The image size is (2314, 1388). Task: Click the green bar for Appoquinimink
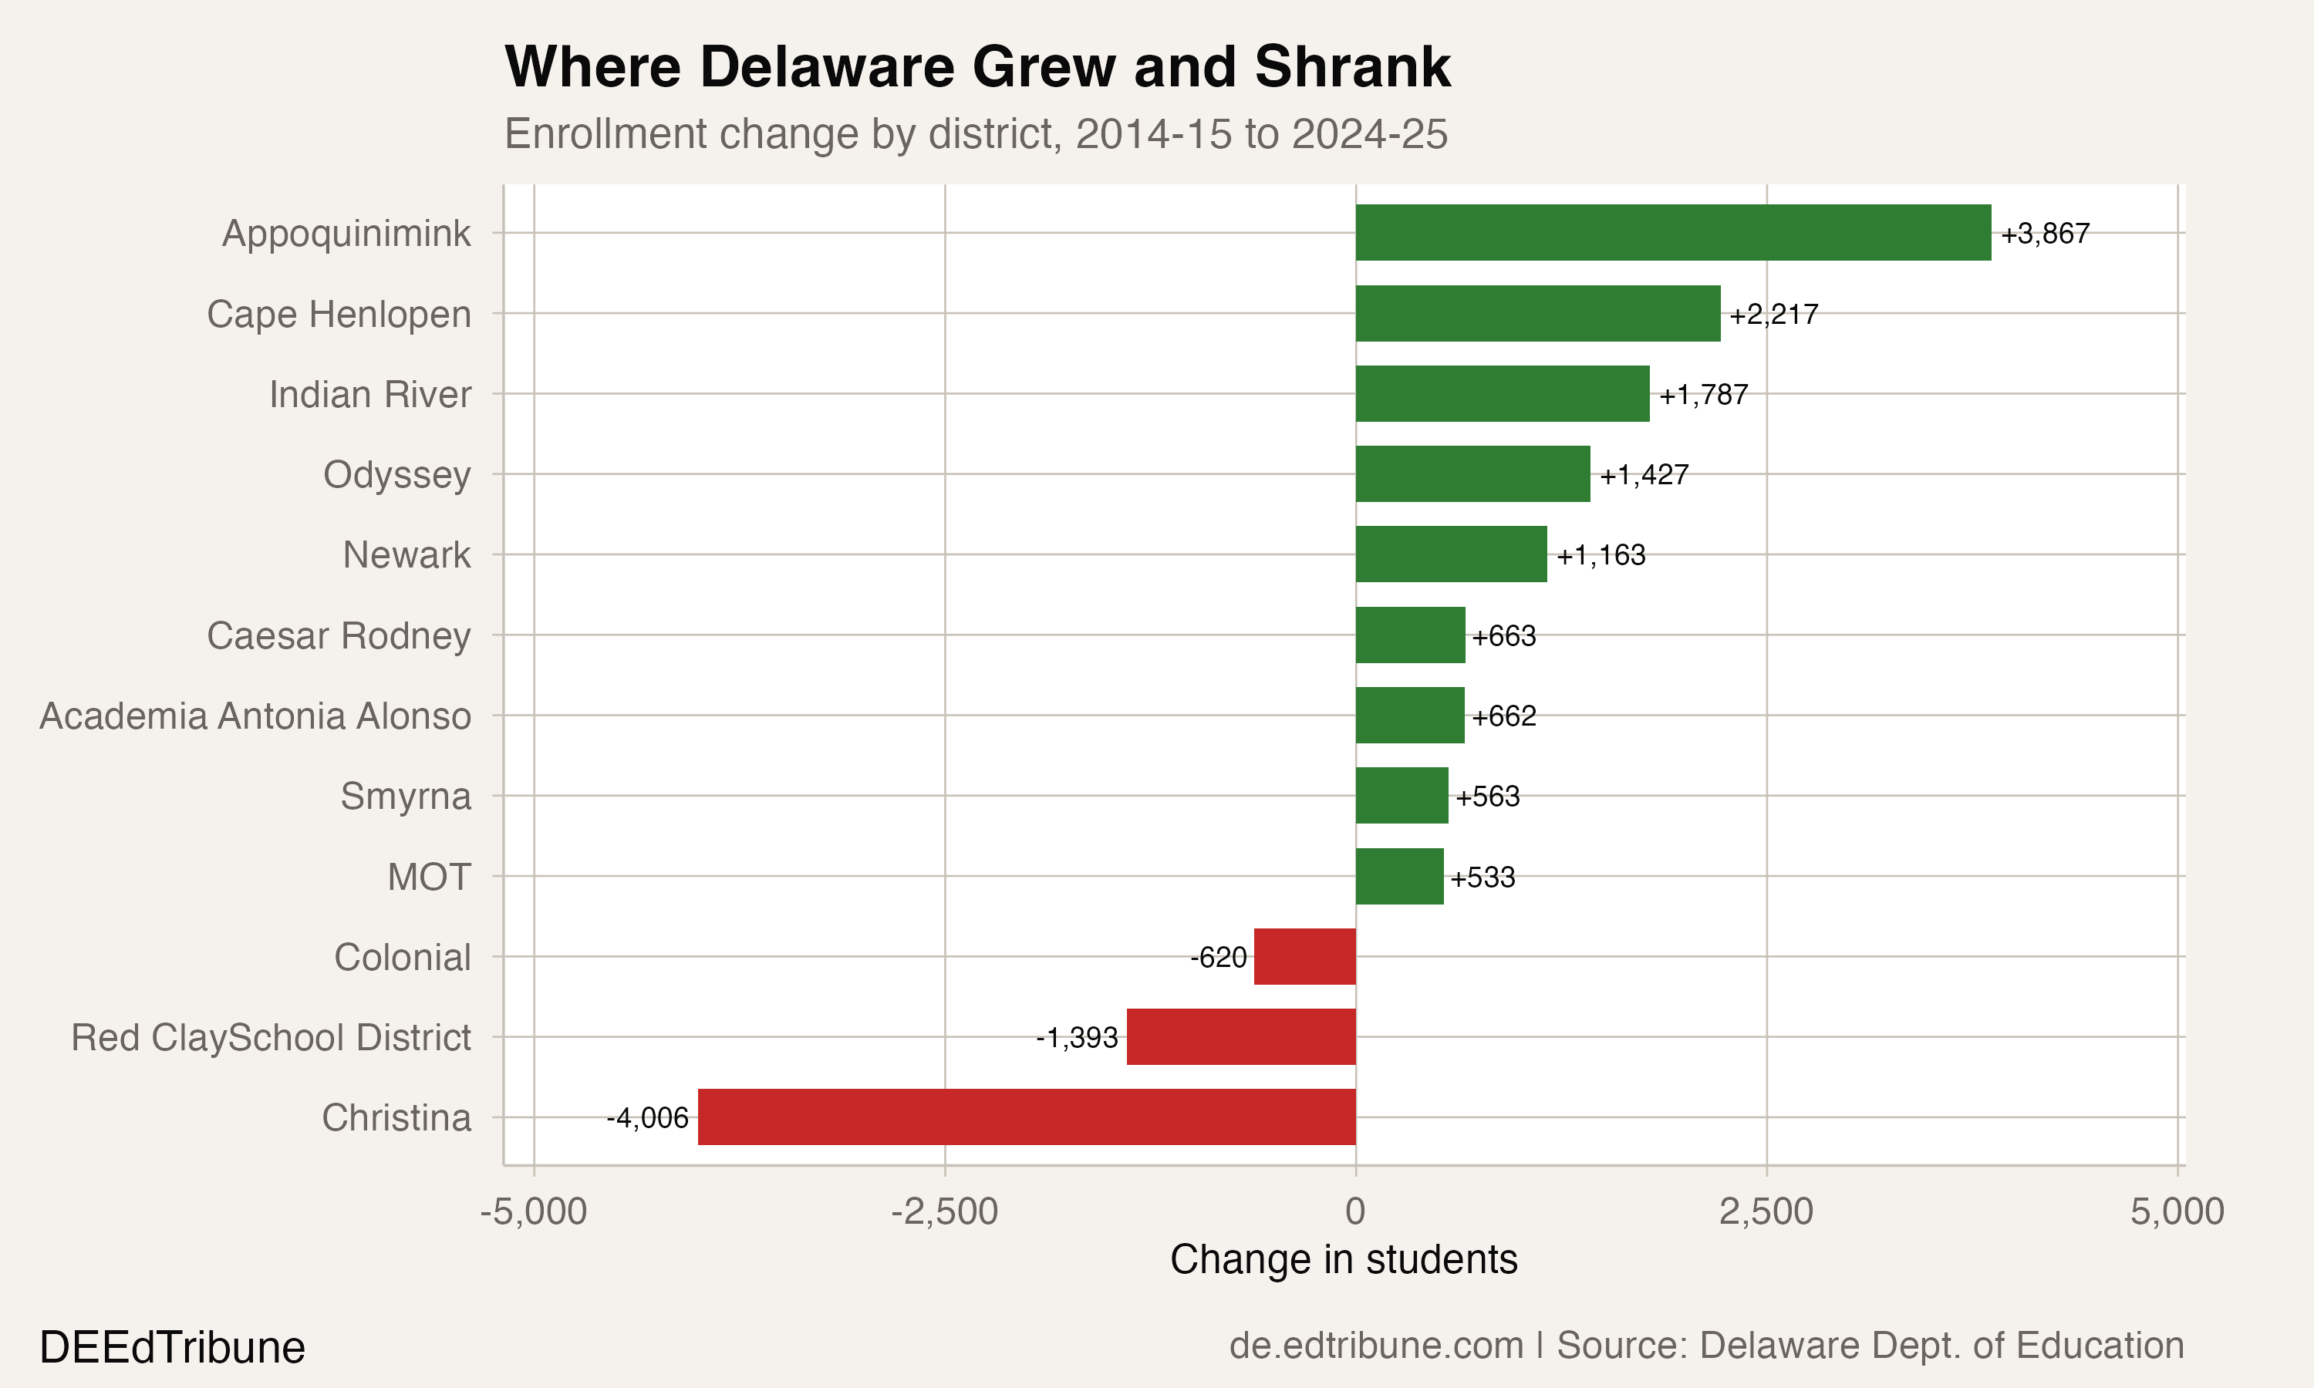click(1672, 232)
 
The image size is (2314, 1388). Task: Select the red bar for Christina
click(1026, 1117)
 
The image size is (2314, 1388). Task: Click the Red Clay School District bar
click(1240, 1036)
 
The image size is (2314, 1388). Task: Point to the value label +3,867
click(2045, 233)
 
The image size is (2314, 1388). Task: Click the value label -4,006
click(647, 1117)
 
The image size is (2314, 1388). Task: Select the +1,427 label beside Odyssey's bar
click(1644, 474)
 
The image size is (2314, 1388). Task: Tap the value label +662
click(1503, 716)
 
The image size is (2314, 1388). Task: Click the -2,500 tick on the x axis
click(944, 1211)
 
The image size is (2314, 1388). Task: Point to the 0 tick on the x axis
click(1354, 1211)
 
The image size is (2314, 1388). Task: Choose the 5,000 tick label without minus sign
click(2177, 1211)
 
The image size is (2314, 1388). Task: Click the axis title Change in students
click(1343, 1260)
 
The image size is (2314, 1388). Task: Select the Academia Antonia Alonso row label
click(255, 716)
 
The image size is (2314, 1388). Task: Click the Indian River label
click(369, 394)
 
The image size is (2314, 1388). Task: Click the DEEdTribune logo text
click(172, 1348)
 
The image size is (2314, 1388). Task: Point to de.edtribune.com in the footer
click(1376, 1345)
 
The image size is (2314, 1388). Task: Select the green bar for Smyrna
click(1401, 795)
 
